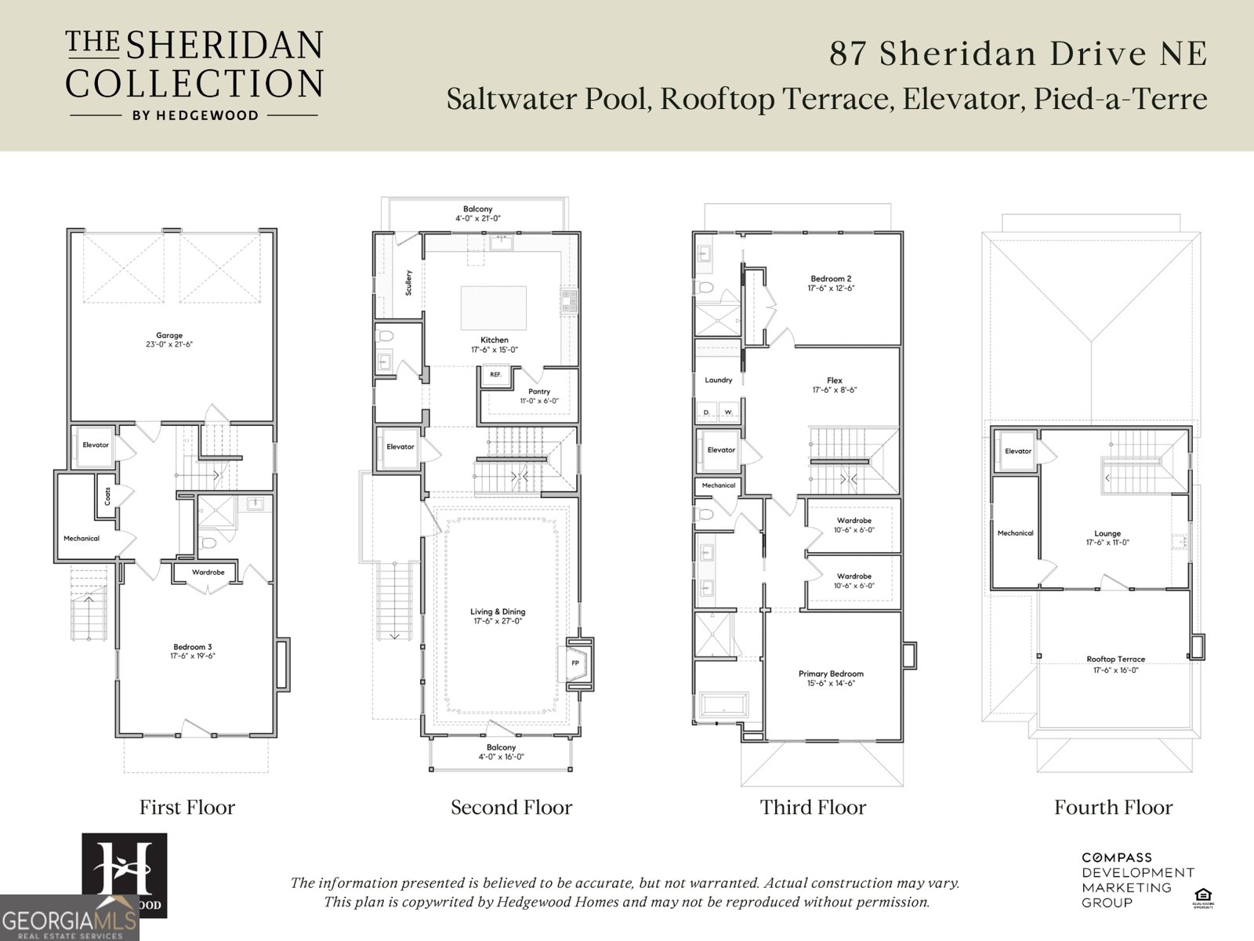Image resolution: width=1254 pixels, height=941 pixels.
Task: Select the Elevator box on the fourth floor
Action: pos(1018,452)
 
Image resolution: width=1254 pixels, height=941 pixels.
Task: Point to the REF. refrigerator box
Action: pos(495,375)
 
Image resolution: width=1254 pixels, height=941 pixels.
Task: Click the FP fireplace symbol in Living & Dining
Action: pos(575,663)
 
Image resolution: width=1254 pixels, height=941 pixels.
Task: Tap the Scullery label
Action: pos(408,282)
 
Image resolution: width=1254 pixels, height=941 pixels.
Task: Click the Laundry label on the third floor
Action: pos(718,380)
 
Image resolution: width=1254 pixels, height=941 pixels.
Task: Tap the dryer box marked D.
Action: pos(706,412)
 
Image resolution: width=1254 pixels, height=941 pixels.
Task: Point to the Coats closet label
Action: pos(107,496)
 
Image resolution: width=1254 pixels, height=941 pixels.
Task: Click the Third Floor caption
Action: pos(813,808)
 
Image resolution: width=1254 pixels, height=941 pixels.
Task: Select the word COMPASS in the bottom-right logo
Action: pos(1117,858)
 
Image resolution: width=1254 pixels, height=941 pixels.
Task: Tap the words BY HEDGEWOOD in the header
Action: pos(194,115)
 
